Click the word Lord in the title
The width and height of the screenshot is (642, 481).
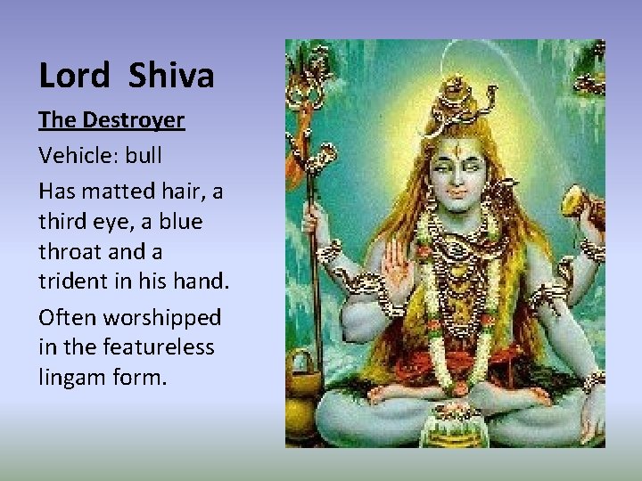pos(73,76)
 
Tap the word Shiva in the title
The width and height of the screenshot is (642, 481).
pos(171,76)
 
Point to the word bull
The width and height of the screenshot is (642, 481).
pos(144,155)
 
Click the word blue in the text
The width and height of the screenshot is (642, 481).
pos(181,221)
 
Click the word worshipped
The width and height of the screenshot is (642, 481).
pos(162,317)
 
